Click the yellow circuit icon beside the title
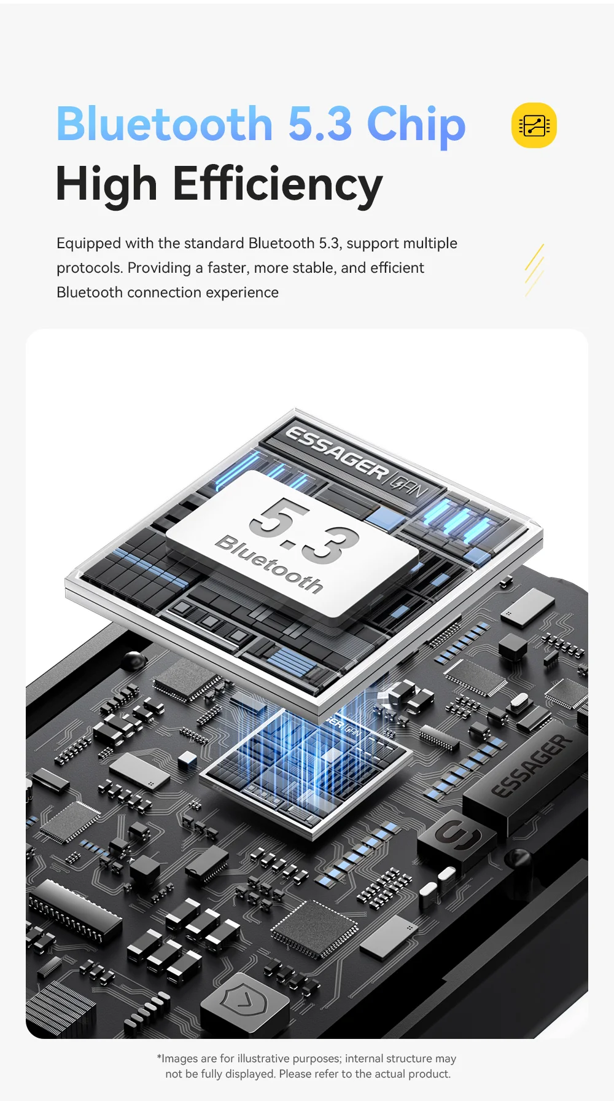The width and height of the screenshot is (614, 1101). [534, 125]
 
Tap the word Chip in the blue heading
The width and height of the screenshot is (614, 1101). [416, 126]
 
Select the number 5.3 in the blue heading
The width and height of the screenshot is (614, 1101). [320, 124]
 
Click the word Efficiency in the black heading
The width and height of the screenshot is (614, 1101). [278, 185]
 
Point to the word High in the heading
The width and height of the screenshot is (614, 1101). [107, 185]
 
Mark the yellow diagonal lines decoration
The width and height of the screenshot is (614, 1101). [534, 270]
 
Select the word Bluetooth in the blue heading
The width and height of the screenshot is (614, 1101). [165, 124]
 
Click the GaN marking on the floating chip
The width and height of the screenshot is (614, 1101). [410, 485]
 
